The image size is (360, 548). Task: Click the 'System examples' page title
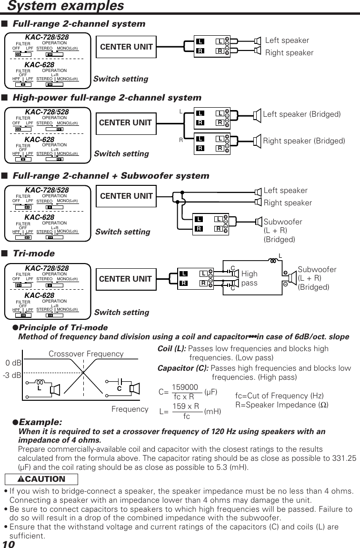[66, 6]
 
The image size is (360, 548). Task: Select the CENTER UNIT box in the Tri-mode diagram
[125, 279]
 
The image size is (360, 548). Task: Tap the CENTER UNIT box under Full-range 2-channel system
[127, 47]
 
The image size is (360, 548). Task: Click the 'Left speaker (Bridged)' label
[302, 114]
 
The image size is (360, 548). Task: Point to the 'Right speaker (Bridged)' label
[304, 141]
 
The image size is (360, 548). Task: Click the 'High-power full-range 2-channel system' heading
[107, 98]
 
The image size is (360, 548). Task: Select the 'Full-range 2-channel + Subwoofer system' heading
[110, 176]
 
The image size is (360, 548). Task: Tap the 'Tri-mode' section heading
[33, 254]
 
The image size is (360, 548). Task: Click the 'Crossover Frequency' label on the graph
[86, 354]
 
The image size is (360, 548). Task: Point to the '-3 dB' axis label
[12, 375]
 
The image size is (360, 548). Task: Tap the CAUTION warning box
[34, 479]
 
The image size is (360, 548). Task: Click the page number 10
[9, 543]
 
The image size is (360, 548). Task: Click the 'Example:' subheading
[40, 422]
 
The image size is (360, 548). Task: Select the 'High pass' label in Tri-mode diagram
[249, 278]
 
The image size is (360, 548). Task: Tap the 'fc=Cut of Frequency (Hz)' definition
[280, 396]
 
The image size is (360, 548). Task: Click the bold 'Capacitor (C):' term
[183, 368]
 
